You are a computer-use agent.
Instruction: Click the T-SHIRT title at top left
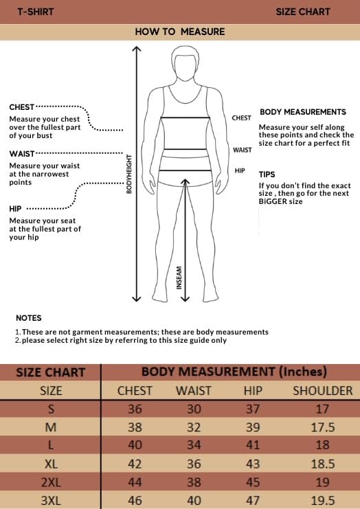35,12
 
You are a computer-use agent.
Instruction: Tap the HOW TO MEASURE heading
179,32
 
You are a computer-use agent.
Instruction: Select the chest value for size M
135,427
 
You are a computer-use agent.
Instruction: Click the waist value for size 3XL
194,500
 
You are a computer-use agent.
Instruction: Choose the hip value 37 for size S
253,409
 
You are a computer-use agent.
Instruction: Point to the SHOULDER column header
322,391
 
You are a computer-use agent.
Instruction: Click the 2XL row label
50,482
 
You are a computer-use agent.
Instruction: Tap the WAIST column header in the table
194,391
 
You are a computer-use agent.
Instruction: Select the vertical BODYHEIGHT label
128,173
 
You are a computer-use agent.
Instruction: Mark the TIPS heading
267,175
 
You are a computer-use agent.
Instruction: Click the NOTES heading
28,318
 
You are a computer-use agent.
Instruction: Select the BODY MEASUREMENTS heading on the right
302,112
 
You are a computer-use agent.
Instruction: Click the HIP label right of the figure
240,170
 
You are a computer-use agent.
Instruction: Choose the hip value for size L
253,444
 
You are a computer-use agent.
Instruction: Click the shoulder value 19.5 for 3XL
322,500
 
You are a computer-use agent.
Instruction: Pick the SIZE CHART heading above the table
51,372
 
